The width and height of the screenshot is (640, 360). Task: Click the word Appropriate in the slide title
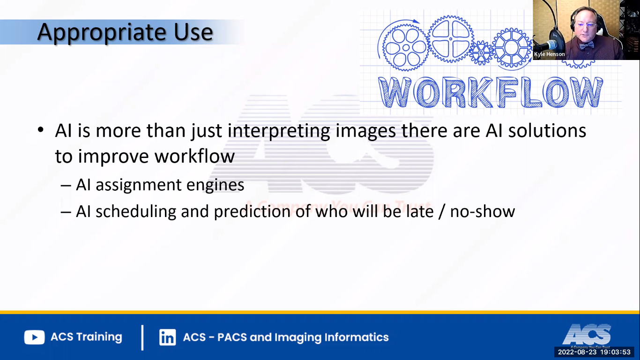(99, 32)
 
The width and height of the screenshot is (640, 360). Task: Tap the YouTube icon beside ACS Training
(34, 337)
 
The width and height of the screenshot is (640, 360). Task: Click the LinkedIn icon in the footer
(167, 337)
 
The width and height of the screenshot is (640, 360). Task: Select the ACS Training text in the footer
(86, 337)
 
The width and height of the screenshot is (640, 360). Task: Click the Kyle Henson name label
(549, 54)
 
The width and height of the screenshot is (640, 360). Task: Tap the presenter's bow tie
(586, 45)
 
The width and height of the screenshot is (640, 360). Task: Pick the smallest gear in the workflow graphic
(481, 52)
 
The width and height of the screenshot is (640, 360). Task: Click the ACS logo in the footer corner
(587, 334)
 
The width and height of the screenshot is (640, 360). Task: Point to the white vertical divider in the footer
(142, 337)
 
